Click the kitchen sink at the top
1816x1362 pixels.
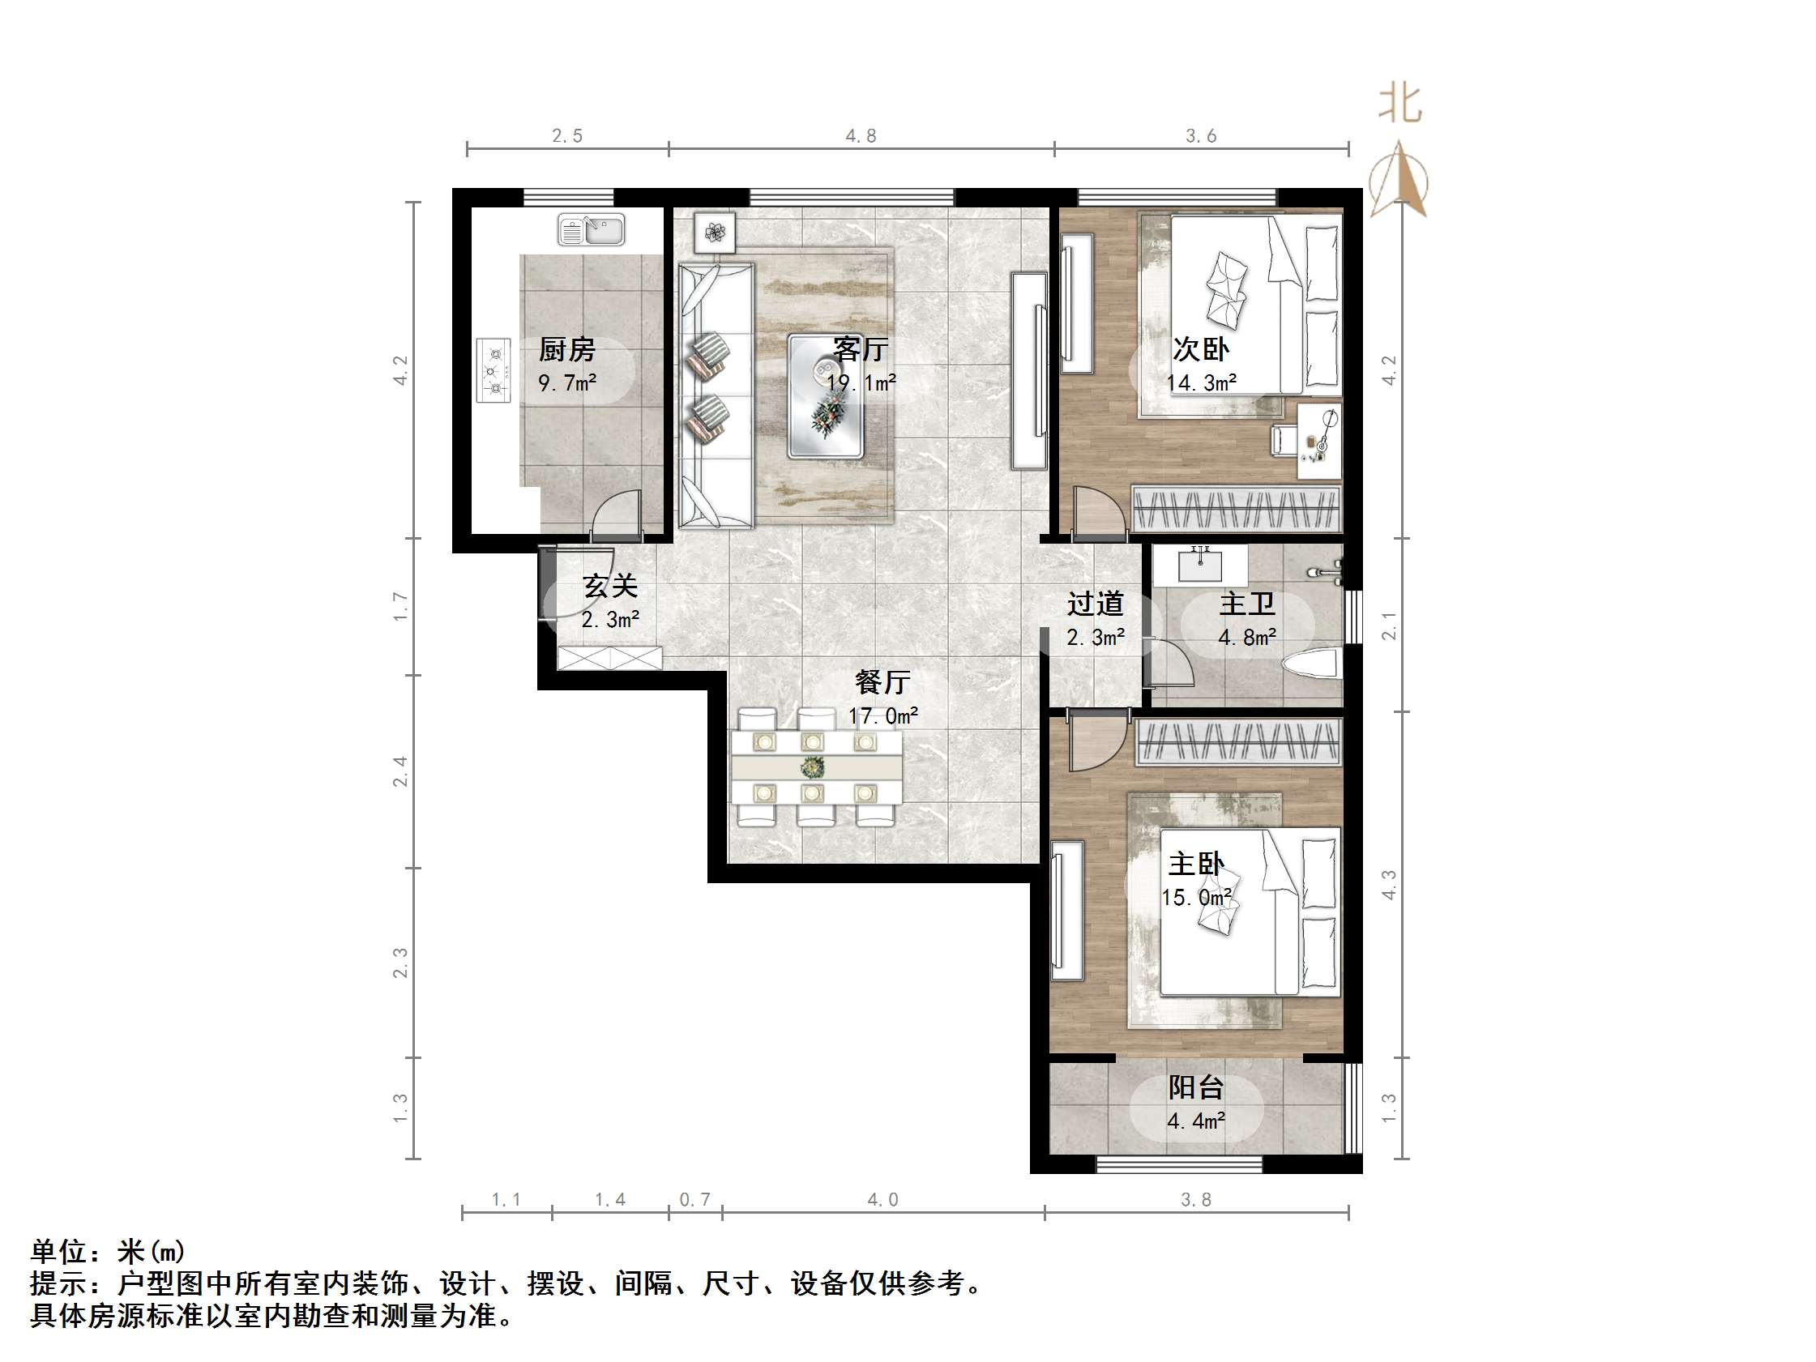click(x=591, y=230)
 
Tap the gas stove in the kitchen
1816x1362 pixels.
click(x=494, y=371)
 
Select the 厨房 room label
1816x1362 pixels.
click(x=566, y=350)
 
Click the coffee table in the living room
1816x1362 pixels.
click(x=825, y=395)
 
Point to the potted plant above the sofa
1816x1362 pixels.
click(x=714, y=233)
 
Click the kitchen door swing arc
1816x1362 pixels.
click(x=616, y=514)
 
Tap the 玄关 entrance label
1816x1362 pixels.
click(x=610, y=586)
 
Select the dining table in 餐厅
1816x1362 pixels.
click(x=816, y=767)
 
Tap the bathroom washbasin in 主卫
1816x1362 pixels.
click(x=1200, y=565)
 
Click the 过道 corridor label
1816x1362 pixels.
click(x=1095, y=604)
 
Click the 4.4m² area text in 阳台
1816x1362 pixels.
click(x=1196, y=1121)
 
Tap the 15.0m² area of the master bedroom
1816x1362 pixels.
click(x=1196, y=897)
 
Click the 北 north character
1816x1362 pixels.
click(x=1399, y=105)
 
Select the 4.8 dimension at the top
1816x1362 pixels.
click(x=861, y=136)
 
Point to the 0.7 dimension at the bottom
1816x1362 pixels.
click(x=694, y=1199)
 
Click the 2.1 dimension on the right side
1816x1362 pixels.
click(x=1389, y=625)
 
